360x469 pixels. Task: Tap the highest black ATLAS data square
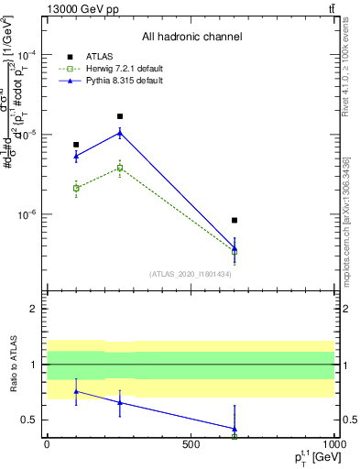point(120,116)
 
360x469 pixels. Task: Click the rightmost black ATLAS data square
point(235,221)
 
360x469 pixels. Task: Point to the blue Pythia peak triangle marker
point(120,133)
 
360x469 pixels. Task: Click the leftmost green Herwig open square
point(76,188)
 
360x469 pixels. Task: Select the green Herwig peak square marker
point(120,168)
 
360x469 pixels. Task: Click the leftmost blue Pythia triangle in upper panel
point(76,156)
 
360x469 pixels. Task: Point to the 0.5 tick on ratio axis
point(31,420)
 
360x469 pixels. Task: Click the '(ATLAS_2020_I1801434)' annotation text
point(191,274)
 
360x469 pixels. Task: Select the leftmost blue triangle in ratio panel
point(76,391)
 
